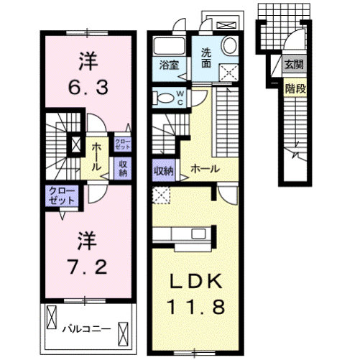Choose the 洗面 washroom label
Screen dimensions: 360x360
206,57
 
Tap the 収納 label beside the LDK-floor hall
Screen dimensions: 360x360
163,170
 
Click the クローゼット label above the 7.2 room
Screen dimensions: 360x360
62,195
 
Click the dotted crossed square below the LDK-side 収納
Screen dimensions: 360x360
162,193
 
